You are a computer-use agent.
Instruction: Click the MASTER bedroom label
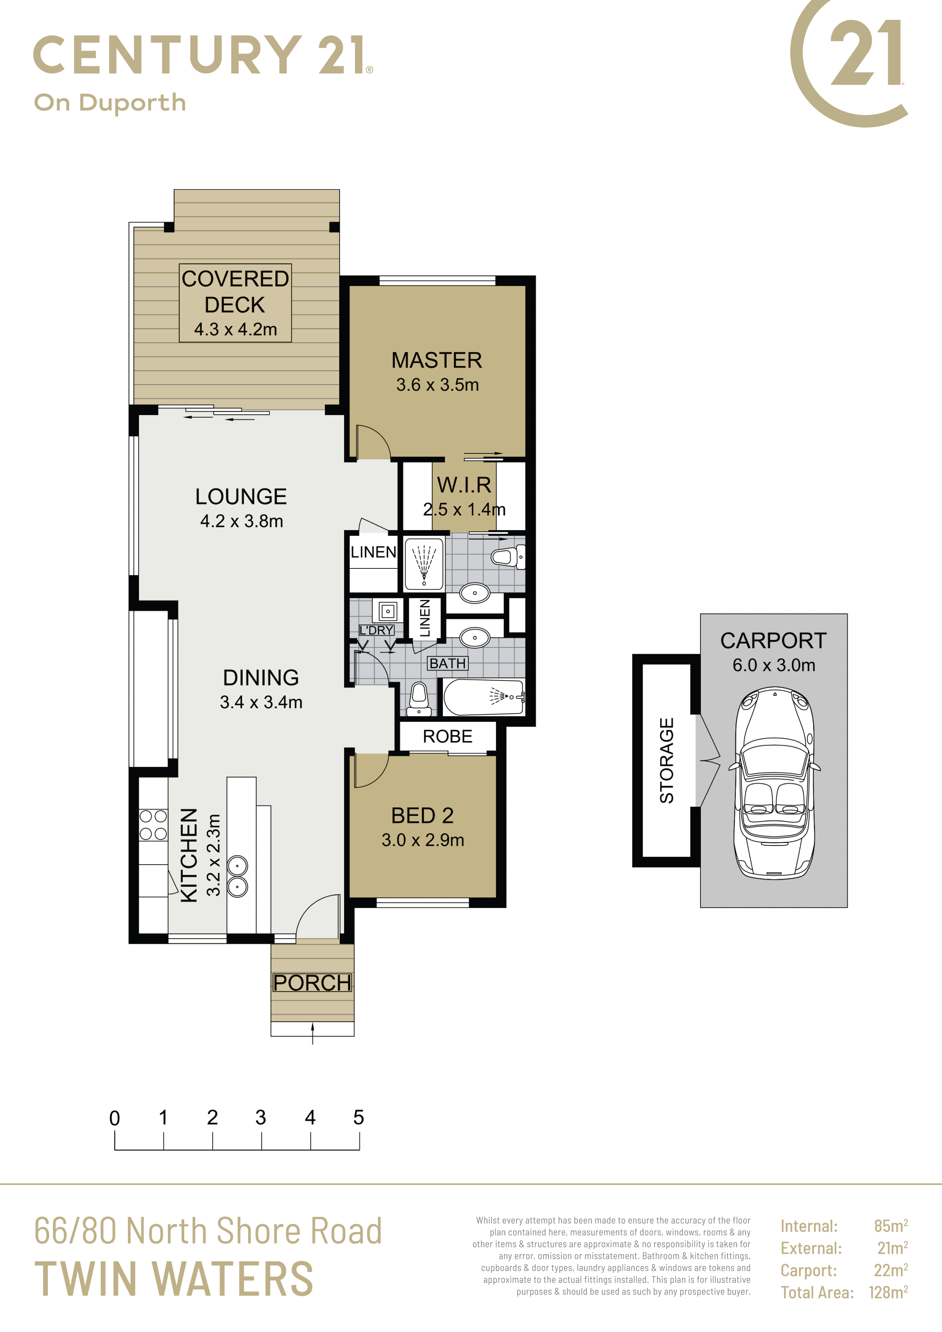click(x=436, y=360)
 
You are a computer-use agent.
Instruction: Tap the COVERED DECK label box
click(x=235, y=303)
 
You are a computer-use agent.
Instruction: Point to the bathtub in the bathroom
click(x=484, y=697)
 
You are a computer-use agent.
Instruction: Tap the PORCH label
click(x=312, y=982)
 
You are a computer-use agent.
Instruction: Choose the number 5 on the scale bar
click(x=359, y=1117)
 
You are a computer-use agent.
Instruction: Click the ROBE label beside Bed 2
click(x=447, y=736)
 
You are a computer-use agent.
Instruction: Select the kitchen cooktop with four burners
click(x=153, y=825)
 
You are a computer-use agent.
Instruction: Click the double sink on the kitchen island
click(x=237, y=876)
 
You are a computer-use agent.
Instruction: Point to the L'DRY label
click(x=377, y=630)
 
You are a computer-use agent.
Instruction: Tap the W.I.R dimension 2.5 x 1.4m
click(x=464, y=509)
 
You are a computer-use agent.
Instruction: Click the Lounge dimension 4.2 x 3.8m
click(x=242, y=521)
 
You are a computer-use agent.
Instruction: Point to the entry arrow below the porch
click(x=313, y=1033)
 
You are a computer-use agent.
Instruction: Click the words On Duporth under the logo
click(x=110, y=103)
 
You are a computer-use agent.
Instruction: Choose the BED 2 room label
click(x=422, y=815)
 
